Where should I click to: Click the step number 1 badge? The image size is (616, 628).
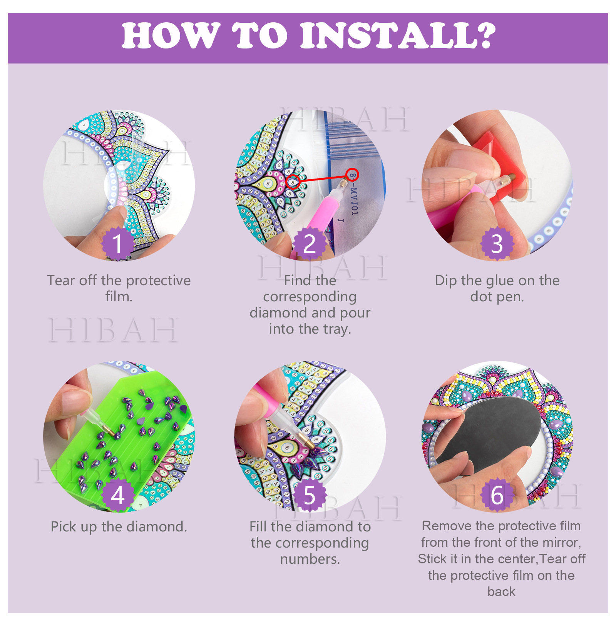coord(117,243)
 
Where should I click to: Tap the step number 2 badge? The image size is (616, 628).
coord(310,243)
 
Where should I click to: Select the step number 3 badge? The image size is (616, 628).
coord(497,243)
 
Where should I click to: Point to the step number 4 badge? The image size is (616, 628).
coord(117,494)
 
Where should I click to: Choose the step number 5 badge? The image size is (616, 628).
coord(310,494)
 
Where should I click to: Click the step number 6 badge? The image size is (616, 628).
coord(497,494)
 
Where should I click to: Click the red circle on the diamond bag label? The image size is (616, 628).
coord(352,175)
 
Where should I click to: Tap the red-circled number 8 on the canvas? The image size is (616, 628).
coord(293,182)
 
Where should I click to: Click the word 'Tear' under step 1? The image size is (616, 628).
coord(61,281)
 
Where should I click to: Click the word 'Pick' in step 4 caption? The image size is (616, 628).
coord(64,527)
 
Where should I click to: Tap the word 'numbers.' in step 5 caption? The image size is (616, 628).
coord(310,559)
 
